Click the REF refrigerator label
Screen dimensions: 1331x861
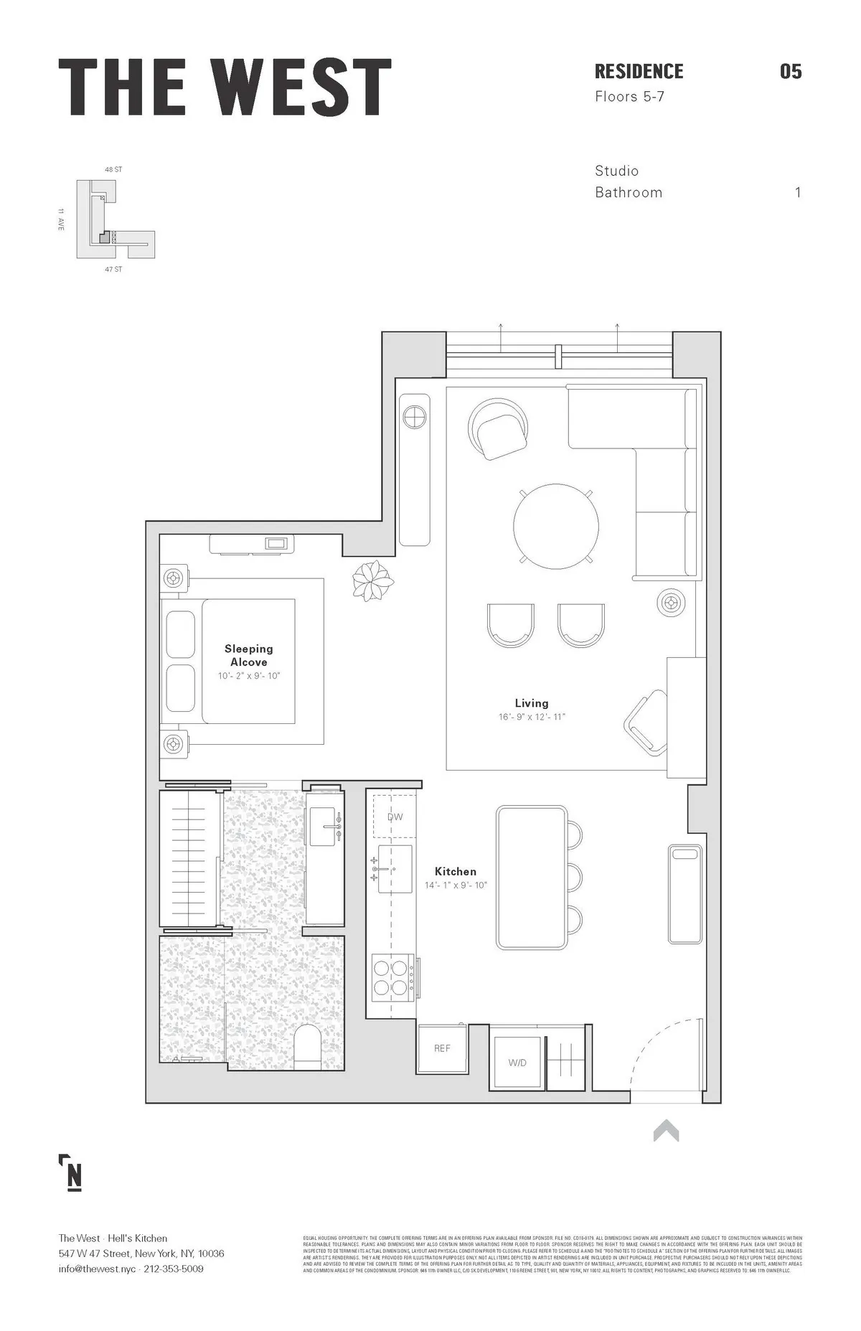[x=442, y=1048]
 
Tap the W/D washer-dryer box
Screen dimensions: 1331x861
[x=517, y=1063]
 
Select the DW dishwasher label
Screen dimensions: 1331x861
[x=395, y=817]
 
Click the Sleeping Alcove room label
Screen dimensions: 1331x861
[x=248, y=655]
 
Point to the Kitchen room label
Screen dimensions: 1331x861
[x=455, y=871]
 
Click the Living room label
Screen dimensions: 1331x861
[x=531, y=703]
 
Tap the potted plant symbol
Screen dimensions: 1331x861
[x=373, y=580]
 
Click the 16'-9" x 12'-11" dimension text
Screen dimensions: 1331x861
[x=532, y=717]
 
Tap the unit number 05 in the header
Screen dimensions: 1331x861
[x=790, y=72]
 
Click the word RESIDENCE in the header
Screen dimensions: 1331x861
[x=639, y=72]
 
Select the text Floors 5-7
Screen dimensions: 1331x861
[x=629, y=96]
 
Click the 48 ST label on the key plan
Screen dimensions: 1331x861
[x=113, y=170]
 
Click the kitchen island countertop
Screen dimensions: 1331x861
[x=532, y=877]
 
